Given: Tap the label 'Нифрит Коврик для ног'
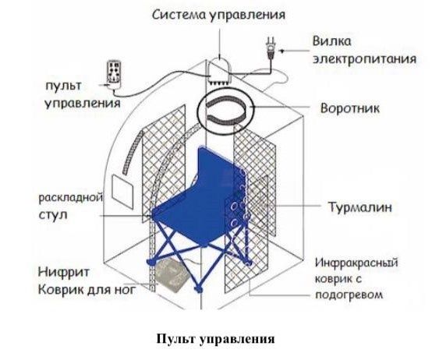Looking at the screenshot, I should click(x=78, y=282).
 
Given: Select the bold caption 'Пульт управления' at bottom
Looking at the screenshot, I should click(x=216, y=339).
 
